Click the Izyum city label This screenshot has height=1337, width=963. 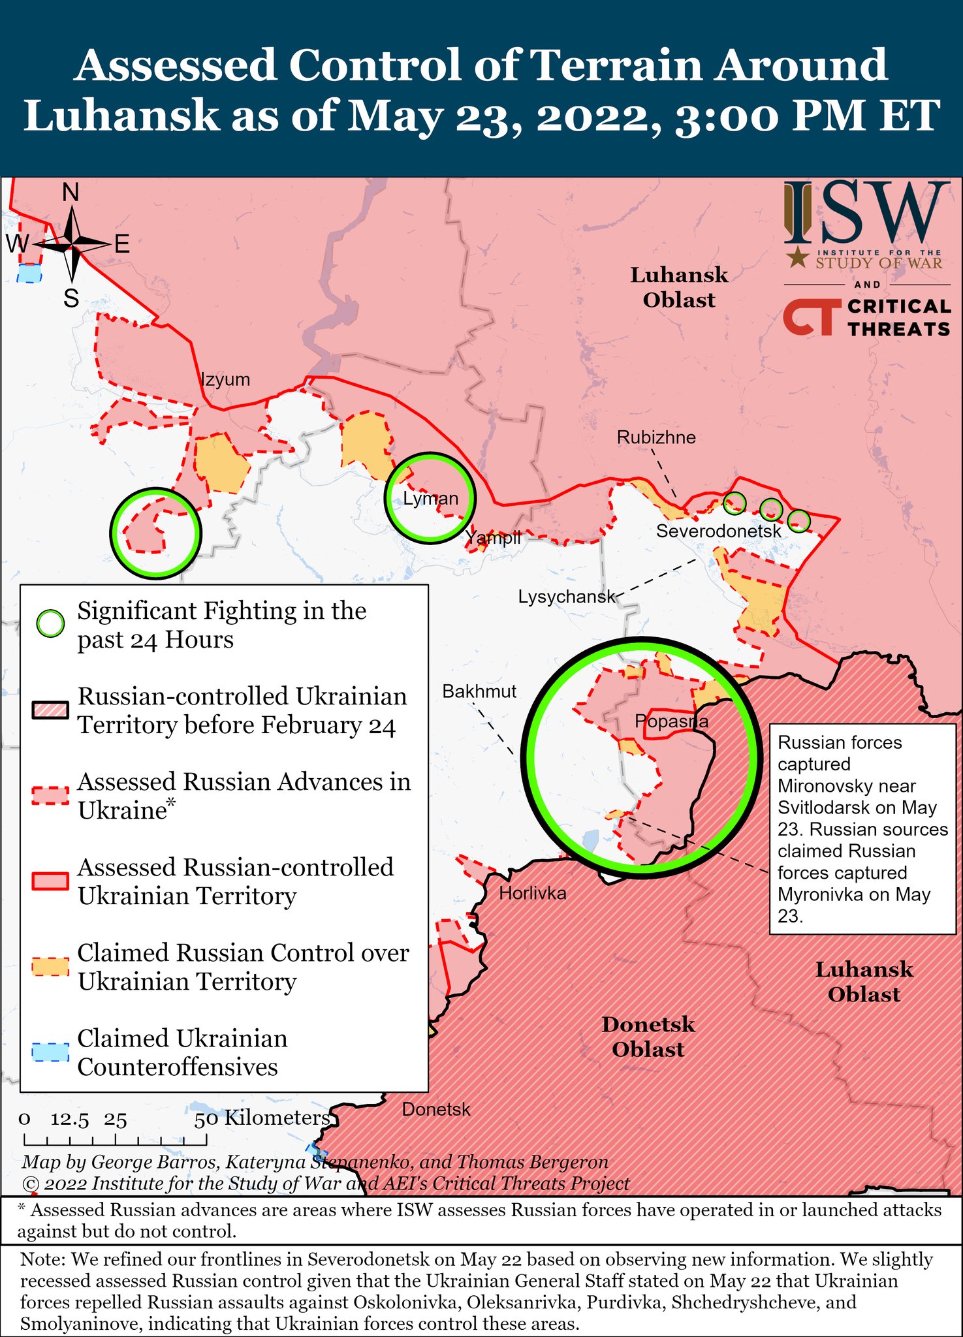[x=225, y=380]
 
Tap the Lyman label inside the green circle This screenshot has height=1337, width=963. [x=430, y=499]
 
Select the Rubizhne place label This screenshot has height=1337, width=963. [x=656, y=437]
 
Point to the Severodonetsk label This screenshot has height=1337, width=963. [x=718, y=531]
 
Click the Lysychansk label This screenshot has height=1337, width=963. [x=567, y=597]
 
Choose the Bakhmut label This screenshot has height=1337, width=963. [x=479, y=691]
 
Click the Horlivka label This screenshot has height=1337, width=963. [x=533, y=893]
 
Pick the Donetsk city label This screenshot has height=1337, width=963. [x=436, y=1109]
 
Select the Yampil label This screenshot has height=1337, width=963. [x=493, y=538]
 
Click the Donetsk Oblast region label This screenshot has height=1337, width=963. [x=648, y=1037]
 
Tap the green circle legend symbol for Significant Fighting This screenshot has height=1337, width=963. [x=50, y=624]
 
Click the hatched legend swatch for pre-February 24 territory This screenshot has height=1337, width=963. [x=50, y=710]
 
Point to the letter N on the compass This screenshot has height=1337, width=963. [x=71, y=193]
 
